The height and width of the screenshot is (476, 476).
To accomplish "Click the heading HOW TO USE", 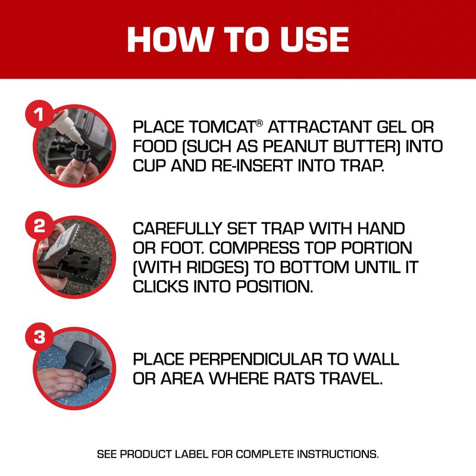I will (x=237, y=39).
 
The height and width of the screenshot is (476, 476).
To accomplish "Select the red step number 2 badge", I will (x=39, y=226).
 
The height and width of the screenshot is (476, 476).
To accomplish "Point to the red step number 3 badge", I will (x=39, y=337).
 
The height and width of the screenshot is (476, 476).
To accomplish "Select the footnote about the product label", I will (x=237, y=454).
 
